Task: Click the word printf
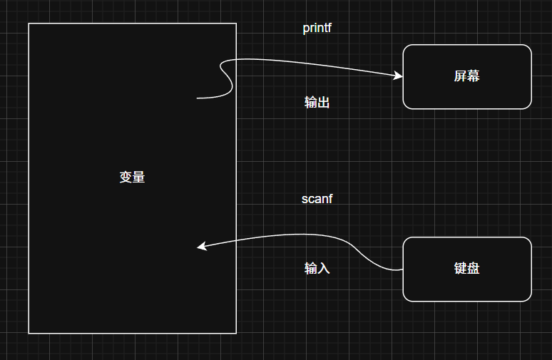pos(317,29)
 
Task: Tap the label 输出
pos(317,103)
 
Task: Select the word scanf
pos(317,199)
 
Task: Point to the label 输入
pos(317,269)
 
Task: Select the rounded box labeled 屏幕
pos(467,76)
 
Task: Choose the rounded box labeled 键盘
pos(467,269)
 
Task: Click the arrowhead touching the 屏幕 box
pos(399,75)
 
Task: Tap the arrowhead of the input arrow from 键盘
pos(201,247)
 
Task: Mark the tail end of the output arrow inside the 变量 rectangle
pos(198,98)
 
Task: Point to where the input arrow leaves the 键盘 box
pos(403,269)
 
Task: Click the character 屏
pos(461,76)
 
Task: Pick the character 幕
pos(474,76)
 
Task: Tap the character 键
pos(461,269)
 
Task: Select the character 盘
pos(474,269)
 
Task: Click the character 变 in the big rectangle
pos(126,178)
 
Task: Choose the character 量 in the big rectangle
pos(138,178)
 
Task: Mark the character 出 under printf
pos(323,103)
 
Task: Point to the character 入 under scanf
pos(323,269)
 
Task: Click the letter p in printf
pos(306,29)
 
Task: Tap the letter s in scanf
pos(305,200)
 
